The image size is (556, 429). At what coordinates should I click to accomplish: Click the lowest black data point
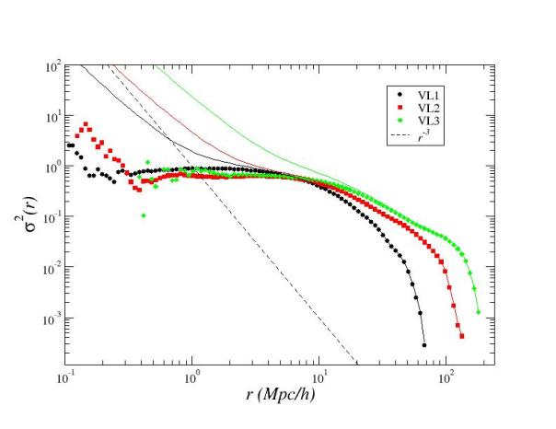point(424,345)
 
